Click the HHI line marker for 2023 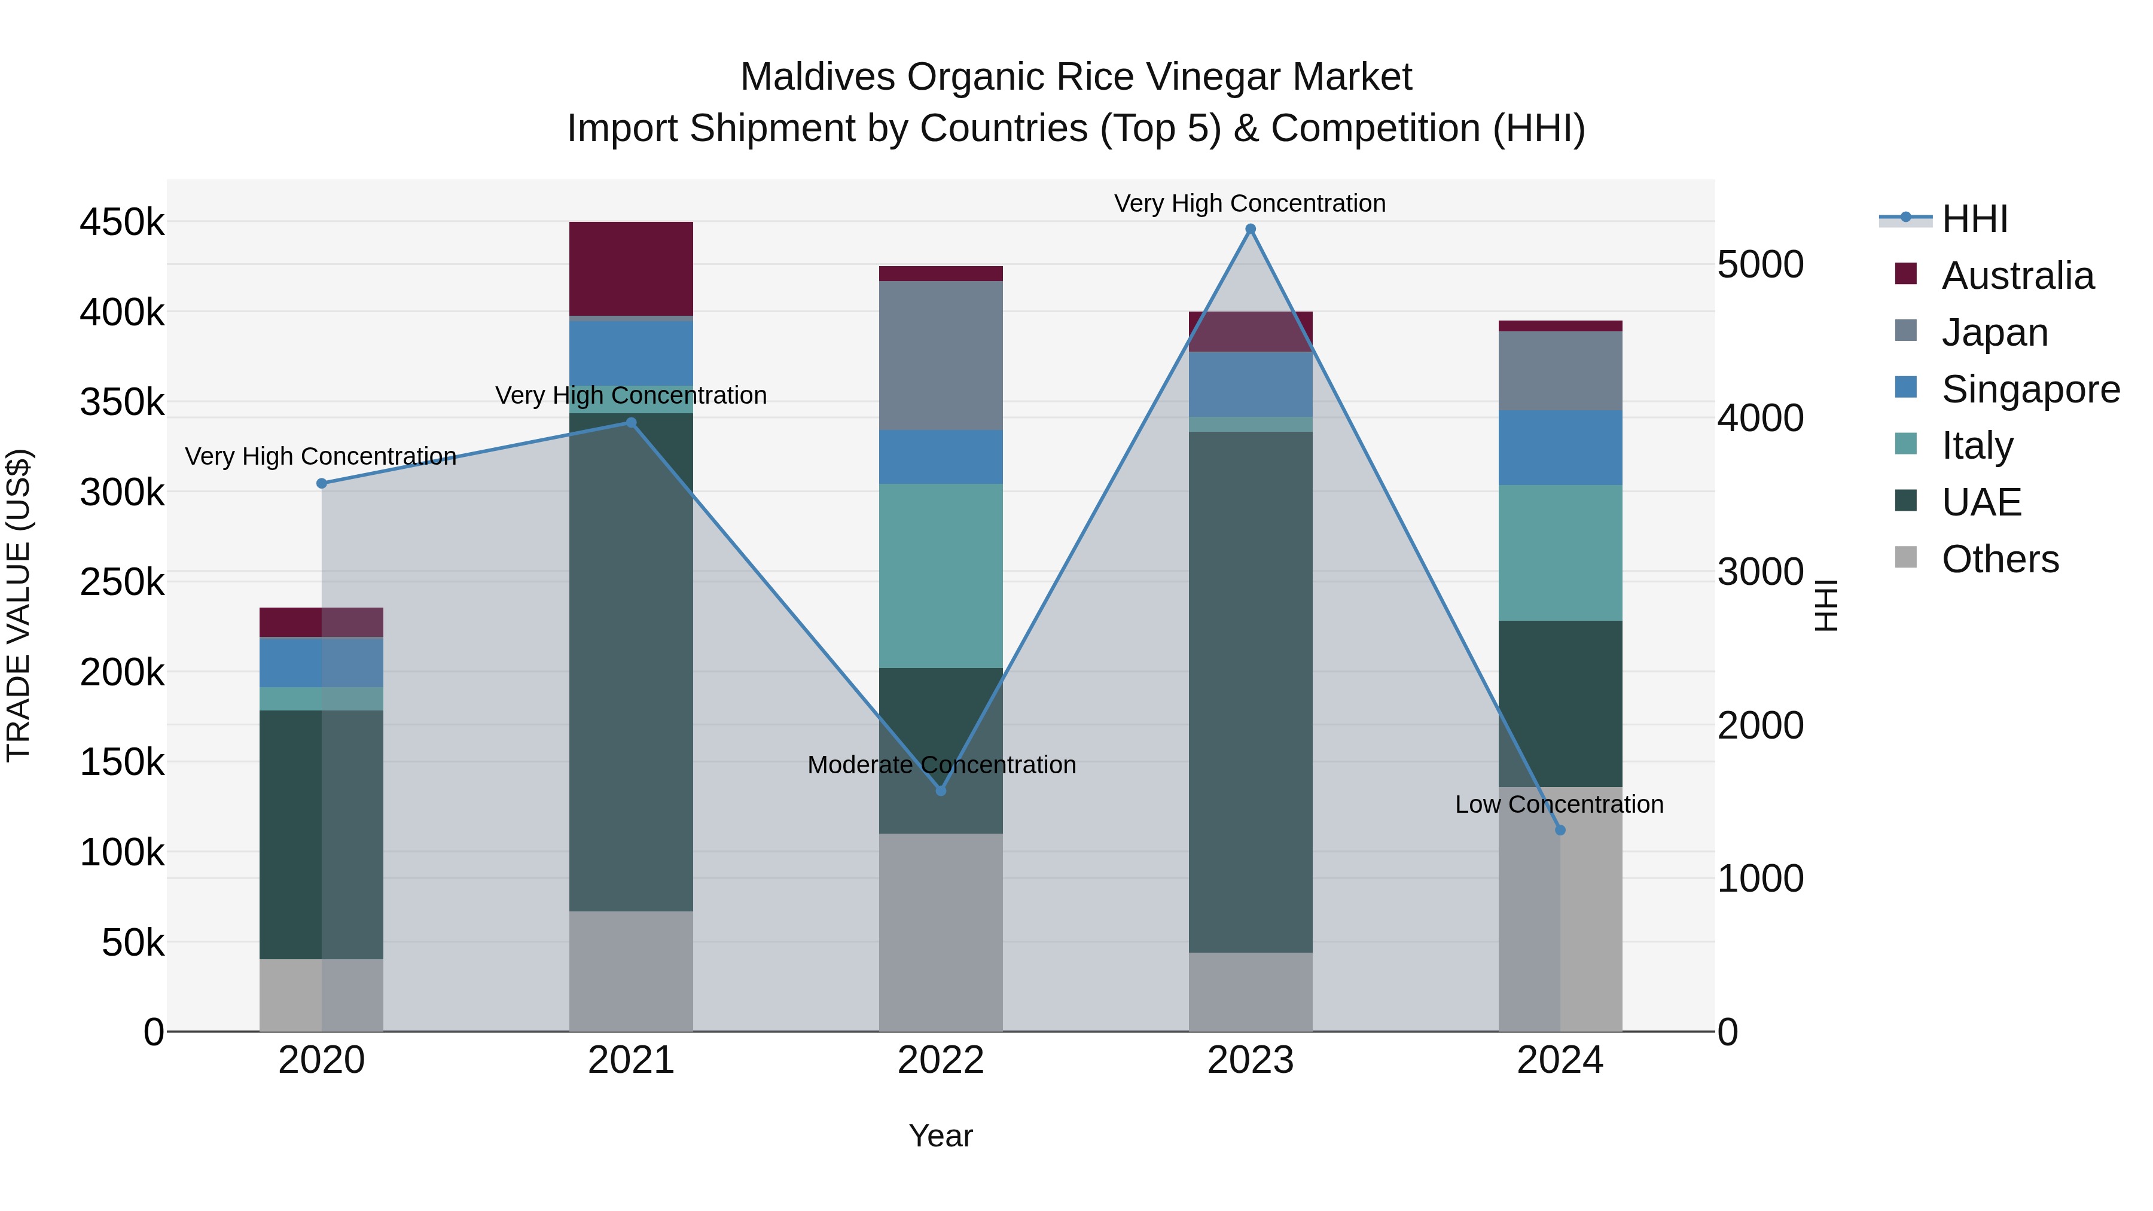(x=1251, y=229)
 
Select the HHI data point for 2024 (x=1560, y=830)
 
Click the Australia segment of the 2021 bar (x=631, y=269)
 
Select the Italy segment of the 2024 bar (x=1560, y=553)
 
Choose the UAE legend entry (x=1981, y=502)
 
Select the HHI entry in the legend (x=1974, y=219)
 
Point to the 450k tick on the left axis (x=122, y=223)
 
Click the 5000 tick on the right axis (x=1760, y=265)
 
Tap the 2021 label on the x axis (x=631, y=1060)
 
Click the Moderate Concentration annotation (x=941, y=765)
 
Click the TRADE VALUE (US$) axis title (x=19, y=605)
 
